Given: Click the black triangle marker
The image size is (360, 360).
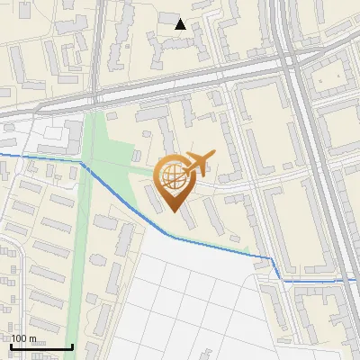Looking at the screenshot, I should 181,24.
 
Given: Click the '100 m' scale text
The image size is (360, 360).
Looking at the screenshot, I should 23,338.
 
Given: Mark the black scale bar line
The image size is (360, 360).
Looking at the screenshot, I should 40,346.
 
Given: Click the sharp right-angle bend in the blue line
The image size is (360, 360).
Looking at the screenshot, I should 273,257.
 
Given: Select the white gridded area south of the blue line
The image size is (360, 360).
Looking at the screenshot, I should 198,297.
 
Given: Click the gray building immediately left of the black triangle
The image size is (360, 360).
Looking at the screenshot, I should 167,19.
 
